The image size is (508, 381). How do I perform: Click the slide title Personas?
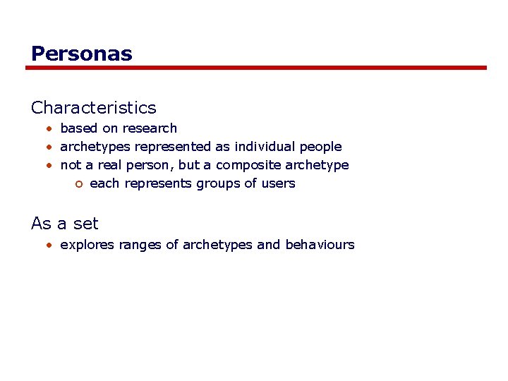click(x=82, y=54)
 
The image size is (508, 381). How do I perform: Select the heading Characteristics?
click(x=94, y=108)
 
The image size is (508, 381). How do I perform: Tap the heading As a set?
click(x=65, y=224)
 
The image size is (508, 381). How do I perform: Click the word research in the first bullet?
click(x=150, y=128)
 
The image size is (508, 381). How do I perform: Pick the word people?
click(x=320, y=147)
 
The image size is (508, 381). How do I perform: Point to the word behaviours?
click(x=320, y=245)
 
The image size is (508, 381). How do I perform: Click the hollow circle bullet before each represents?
click(x=79, y=184)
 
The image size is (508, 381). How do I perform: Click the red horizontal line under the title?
click(x=256, y=68)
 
